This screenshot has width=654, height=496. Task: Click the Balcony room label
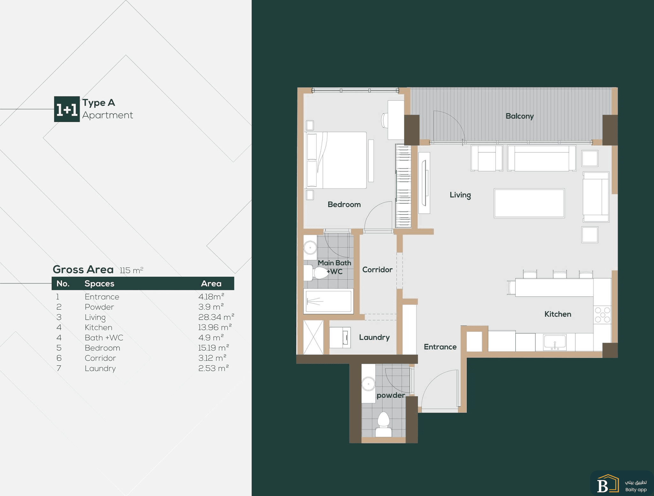click(520, 116)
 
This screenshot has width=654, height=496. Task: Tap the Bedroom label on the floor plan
click(344, 205)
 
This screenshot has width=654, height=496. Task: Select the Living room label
click(460, 195)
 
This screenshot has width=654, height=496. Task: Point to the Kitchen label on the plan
click(558, 314)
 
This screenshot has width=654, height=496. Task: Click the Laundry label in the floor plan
click(374, 337)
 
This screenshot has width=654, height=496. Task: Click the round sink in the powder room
click(369, 384)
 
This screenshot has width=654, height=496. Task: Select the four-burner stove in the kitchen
click(602, 315)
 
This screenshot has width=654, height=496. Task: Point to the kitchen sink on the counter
click(555, 342)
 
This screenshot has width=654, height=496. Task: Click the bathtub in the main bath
click(328, 301)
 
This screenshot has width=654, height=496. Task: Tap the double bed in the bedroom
click(336, 160)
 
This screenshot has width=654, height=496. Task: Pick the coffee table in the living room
click(529, 203)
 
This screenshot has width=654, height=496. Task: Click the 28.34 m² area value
click(216, 317)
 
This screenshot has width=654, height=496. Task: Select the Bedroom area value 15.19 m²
click(214, 348)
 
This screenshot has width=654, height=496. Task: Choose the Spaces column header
click(99, 283)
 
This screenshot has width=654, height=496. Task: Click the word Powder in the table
click(99, 307)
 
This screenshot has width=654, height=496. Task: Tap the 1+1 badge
click(67, 109)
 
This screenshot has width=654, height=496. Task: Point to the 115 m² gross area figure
click(131, 270)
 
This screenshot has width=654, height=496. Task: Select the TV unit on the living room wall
click(424, 183)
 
